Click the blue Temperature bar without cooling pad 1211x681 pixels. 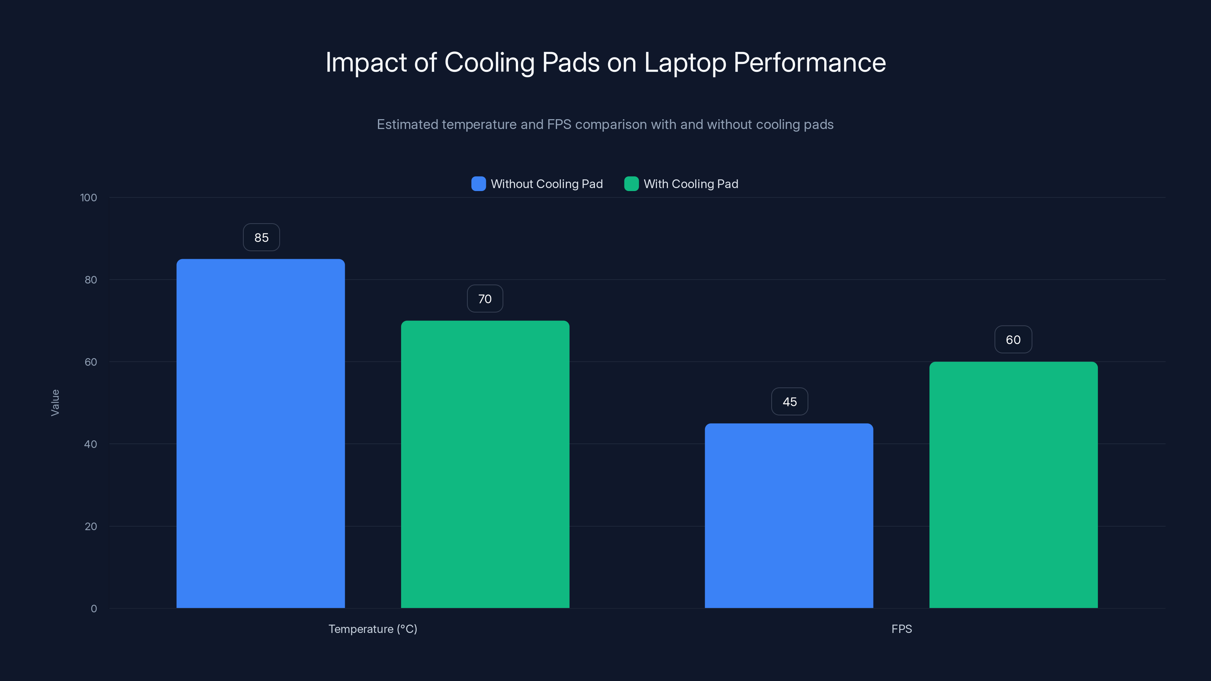pyautogui.click(x=260, y=433)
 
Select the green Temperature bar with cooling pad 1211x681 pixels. pyautogui.click(x=485, y=464)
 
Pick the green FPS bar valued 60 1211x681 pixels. pyautogui.click(x=1013, y=485)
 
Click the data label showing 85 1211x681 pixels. pyautogui.click(x=262, y=237)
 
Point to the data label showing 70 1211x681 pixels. pyautogui.click(x=485, y=299)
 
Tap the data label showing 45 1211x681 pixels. pyautogui.click(x=789, y=402)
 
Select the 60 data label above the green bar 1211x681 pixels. pyautogui.click(x=1013, y=340)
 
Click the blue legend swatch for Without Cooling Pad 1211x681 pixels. pyautogui.click(x=478, y=184)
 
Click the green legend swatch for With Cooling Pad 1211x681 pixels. pyautogui.click(x=631, y=184)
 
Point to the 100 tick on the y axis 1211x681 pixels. pyautogui.click(x=89, y=198)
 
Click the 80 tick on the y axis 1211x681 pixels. pyautogui.click(x=91, y=280)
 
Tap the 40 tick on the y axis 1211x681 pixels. pyautogui.click(x=91, y=444)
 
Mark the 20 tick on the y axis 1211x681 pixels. pyautogui.click(x=91, y=526)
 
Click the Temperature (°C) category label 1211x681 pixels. pyautogui.click(x=373, y=629)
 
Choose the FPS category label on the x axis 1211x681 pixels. pyautogui.click(x=901, y=629)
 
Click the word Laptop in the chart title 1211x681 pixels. pyautogui.click(x=685, y=63)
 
